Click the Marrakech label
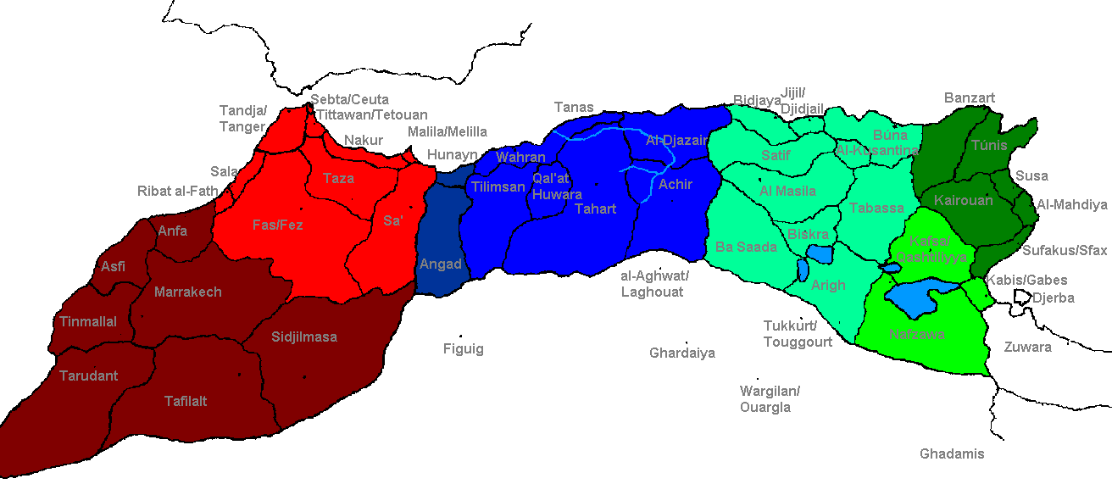tap(187, 292)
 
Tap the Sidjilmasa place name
tap(304, 337)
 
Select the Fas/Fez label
tap(277, 225)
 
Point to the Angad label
tap(441, 264)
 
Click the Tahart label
tap(595, 209)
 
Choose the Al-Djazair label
tap(676, 141)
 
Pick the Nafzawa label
tap(916, 334)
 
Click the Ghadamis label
tap(952, 453)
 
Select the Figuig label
tap(464, 348)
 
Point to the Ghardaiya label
tap(681, 353)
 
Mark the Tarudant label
tap(88, 376)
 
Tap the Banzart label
tap(970, 97)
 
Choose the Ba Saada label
tap(746, 247)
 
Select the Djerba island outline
tap(1020, 297)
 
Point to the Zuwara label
tap(1027, 347)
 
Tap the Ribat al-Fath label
tap(177, 191)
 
